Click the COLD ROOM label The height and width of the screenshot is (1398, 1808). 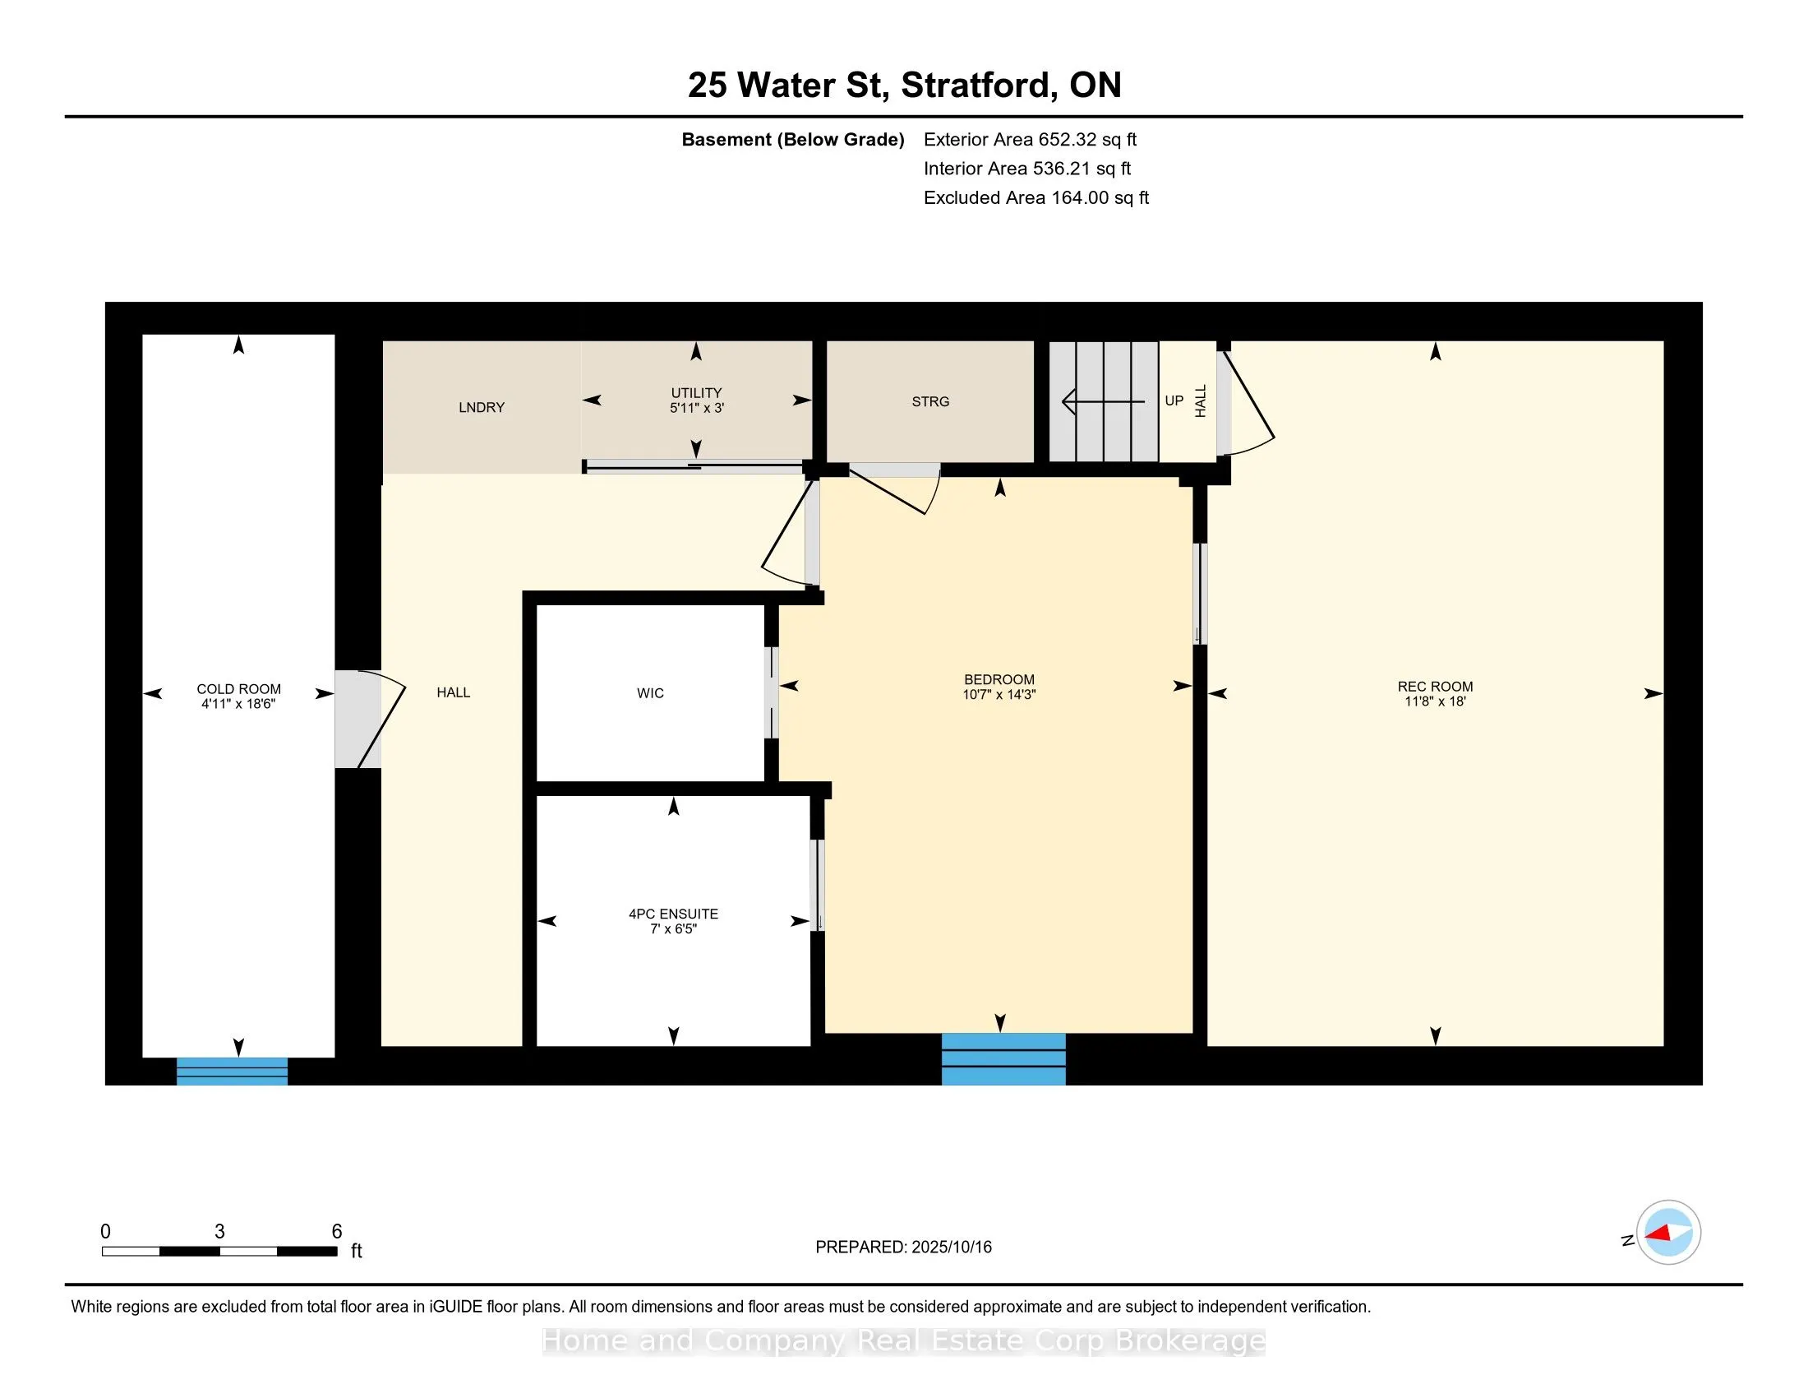(238, 689)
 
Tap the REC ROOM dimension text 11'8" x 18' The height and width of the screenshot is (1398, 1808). (1436, 701)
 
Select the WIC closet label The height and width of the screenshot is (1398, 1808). (650, 693)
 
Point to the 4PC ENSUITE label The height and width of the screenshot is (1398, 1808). (673, 914)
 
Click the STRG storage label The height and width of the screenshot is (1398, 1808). (930, 401)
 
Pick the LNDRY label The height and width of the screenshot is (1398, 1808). (481, 407)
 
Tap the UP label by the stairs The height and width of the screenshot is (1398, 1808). (1174, 400)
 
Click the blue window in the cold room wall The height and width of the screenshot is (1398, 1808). (232, 1071)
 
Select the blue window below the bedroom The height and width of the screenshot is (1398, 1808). (1003, 1058)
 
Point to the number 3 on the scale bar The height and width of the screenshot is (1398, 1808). (219, 1232)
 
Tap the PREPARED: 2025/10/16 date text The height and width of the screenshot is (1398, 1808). (903, 1248)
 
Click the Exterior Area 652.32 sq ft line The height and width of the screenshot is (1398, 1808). (1030, 139)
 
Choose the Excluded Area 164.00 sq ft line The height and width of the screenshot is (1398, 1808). (1036, 197)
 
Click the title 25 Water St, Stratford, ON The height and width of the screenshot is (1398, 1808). (904, 86)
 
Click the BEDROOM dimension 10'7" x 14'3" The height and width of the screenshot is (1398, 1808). (999, 695)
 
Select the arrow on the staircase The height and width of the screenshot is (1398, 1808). (1104, 401)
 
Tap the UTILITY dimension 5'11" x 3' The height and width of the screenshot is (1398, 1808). (696, 407)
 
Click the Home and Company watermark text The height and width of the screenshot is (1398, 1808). (904, 1341)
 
